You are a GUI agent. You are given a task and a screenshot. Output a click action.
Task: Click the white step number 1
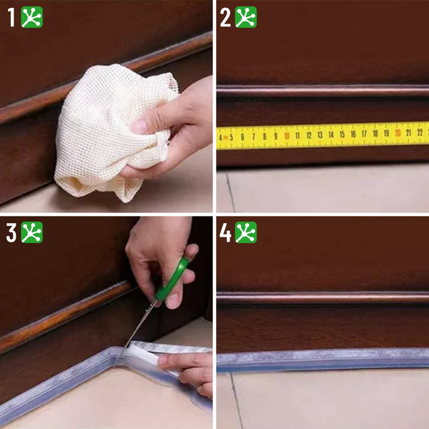point(11,17)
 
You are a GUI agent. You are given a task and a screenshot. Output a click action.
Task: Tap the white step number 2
point(225,17)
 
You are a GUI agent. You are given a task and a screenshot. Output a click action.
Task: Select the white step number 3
point(11,232)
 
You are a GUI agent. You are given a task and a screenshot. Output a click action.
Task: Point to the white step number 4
point(225,232)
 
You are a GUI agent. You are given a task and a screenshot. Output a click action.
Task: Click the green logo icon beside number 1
point(32,17)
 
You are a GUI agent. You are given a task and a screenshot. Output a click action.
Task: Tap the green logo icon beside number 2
point(246,17)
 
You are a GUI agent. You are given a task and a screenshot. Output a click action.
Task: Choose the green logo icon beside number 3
point(32,232)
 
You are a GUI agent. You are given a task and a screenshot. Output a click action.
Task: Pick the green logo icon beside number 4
point(246,232)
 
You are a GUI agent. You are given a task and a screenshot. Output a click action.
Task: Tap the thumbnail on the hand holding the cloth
point(140,126)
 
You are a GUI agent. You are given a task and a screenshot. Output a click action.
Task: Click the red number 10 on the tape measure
point(287,136)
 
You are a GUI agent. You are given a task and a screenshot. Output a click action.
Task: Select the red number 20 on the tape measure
point(398,133)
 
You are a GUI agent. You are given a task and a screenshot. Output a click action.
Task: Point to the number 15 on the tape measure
point(342,134)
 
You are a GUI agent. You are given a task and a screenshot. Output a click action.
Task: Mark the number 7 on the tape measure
point(254,137)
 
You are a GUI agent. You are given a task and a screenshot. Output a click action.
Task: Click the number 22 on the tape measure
point(420,132)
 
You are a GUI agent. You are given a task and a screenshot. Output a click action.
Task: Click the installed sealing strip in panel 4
point(323,360)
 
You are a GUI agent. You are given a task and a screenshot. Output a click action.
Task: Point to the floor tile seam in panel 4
point(237,400)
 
